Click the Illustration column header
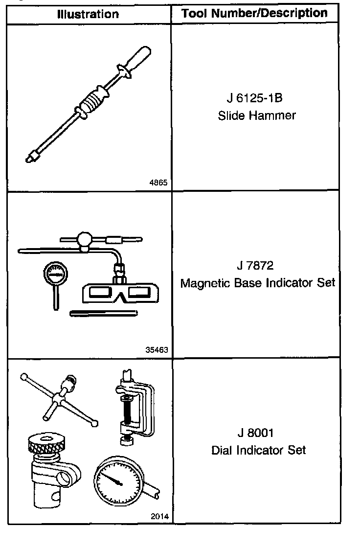pos(88,14)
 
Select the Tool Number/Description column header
pos(254,13)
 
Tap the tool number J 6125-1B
pos(255,98)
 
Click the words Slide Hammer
pos(257,115)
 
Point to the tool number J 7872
pos(255,266)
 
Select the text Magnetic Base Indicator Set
pos(258,283)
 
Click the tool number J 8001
pos(255,433)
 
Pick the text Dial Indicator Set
pos(258,450)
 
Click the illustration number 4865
pos(158,183)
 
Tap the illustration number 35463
pos(157,350)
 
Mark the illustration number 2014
pos(159,517)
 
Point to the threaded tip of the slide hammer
pos(30,158)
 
